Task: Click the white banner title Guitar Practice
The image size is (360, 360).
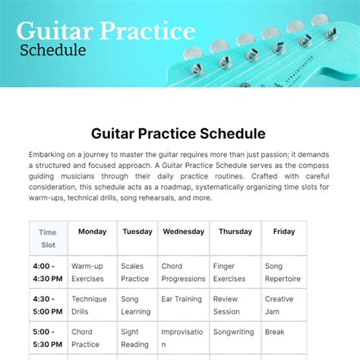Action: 106,32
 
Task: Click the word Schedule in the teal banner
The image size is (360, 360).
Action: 52,51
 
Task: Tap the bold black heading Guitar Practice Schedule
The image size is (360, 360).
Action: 178,133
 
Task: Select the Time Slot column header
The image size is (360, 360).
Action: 48,238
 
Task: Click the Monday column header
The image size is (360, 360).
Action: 92,232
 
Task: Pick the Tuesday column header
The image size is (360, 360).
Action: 137,232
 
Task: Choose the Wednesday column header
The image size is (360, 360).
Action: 183,232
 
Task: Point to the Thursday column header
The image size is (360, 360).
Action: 235,232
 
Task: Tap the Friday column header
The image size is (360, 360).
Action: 284,232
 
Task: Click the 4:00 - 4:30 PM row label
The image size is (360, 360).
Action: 47,272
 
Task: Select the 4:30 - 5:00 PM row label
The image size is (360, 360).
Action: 47,305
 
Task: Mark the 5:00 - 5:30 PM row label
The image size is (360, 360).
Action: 47,337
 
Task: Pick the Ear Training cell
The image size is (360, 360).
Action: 182,299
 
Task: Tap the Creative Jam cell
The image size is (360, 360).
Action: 279,305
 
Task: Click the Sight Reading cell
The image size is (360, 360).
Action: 135,337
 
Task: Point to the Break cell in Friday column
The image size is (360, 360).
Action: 275,332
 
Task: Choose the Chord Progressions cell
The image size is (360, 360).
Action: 183,272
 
